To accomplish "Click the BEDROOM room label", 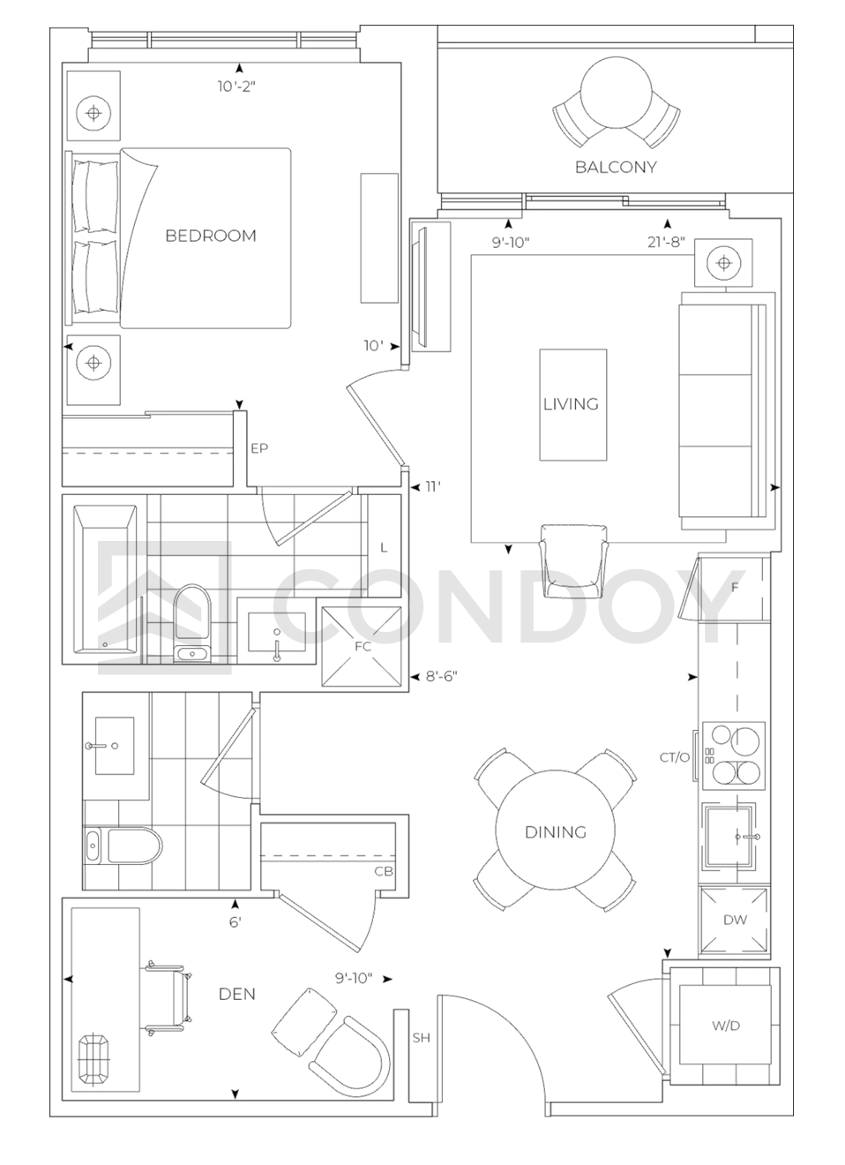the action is (211, 236).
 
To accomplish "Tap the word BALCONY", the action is (616, 167).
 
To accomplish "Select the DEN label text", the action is (237, 994).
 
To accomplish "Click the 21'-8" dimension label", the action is (666, 242).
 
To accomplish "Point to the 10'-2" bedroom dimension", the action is (236, 86).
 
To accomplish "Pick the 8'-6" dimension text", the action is (441, 676).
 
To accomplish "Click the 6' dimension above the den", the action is (236, 922).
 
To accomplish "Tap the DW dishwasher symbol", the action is (735, 920).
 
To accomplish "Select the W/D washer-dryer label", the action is (725, 1026).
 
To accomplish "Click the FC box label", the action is (363, 646).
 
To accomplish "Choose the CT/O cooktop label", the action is (675, 758).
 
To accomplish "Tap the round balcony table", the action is (616, 93).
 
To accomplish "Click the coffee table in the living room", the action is (572, 404).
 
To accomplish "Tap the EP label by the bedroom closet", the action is (259, 448).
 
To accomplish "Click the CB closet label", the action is (384, 871).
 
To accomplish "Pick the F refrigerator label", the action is (735, 587).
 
